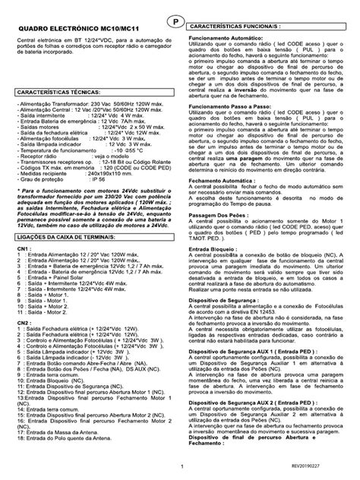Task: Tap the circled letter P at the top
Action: (177, 21)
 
